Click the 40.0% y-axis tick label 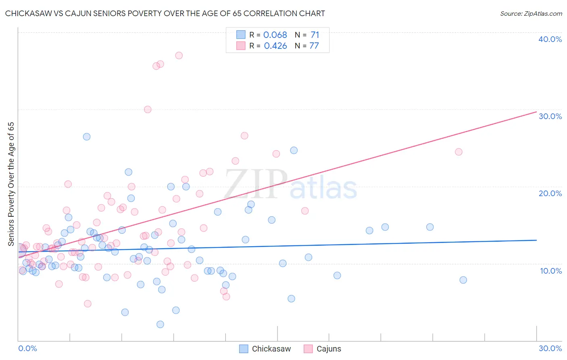coord(550,39)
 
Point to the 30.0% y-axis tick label coord(550,116)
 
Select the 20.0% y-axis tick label coord(550,193)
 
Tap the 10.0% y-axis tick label coord(551,271)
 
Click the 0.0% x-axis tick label coord(27,348)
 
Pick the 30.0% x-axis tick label coord(550,348)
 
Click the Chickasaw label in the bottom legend coord(271,349)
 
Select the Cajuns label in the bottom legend coord(329,349)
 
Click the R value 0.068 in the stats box coord(275,35)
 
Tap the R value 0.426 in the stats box coord(275,46)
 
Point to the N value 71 coord(315,35)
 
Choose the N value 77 coord(314,46)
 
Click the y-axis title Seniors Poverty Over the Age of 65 coord(11,184)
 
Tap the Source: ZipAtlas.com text coord(531,14)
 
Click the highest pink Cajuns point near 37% coord(179,55)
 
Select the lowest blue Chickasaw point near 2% coord(160,324)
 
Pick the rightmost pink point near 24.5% coord(459,152)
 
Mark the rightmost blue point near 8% coord(463,280)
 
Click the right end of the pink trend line coord(536,111)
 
